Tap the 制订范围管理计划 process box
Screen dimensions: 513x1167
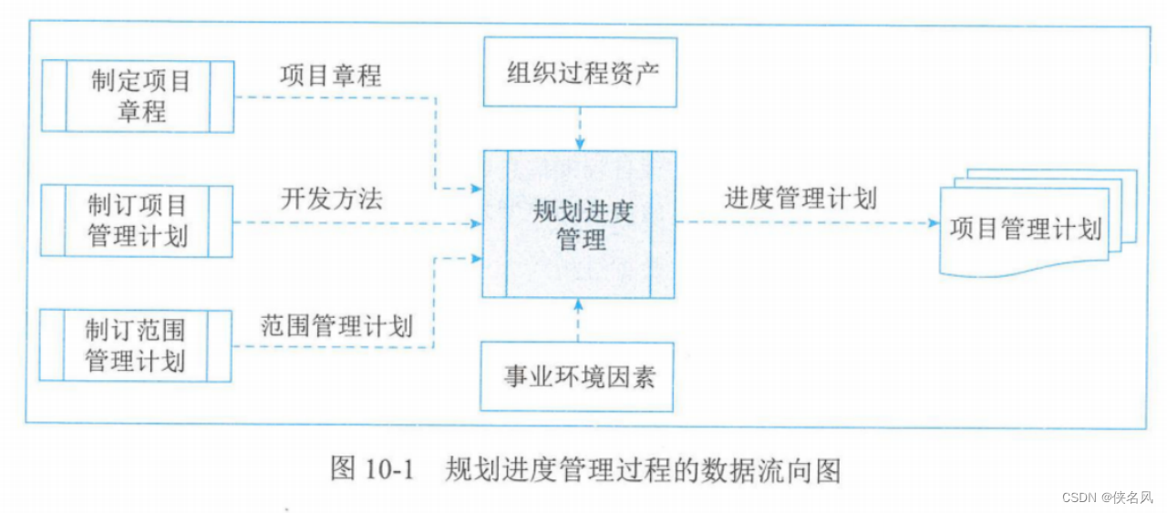point(137,344)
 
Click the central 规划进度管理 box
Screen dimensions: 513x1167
point(579,224)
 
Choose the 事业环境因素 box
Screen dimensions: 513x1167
point(578,376)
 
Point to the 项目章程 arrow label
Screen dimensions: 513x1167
point(330,76)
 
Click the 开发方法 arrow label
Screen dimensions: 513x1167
point(330,200)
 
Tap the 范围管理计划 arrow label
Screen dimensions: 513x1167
point(336,324)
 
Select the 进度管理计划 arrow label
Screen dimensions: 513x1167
point(800,198)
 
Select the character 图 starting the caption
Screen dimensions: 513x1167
point(341,470)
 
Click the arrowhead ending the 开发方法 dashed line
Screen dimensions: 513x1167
point(476,221)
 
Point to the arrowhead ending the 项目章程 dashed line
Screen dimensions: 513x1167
point(476,189)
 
